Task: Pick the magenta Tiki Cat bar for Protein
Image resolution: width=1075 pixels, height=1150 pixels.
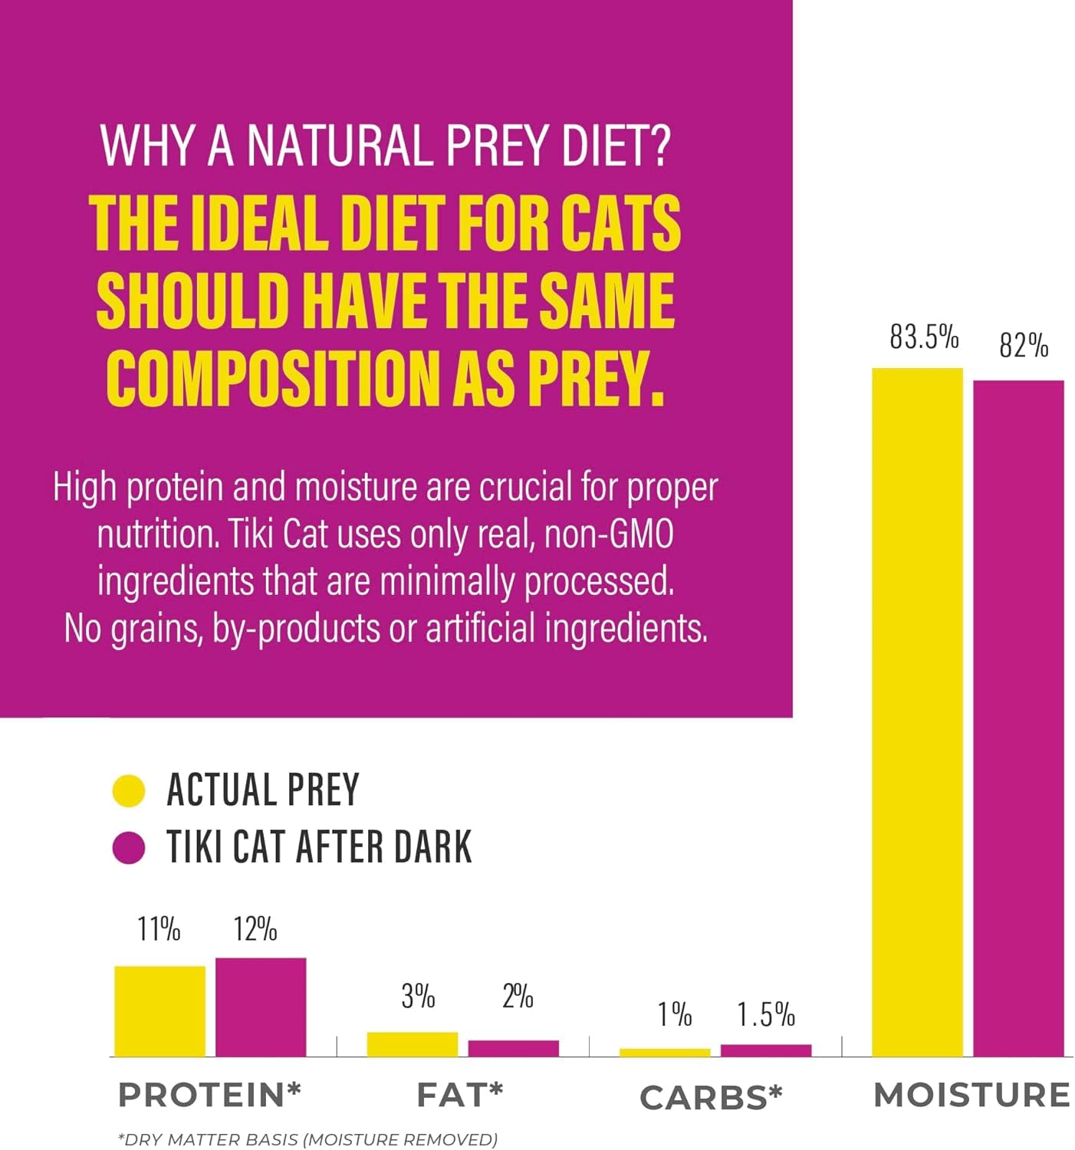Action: click(x=261, y=1007)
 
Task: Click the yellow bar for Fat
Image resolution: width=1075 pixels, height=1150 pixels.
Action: click(x=413, y=1044)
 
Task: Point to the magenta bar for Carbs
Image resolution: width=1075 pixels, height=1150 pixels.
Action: click(x=766, y=1050)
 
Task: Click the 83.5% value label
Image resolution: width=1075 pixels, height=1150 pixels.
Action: click(x=924, y=337)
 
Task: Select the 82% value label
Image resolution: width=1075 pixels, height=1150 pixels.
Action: click(x=1024, y=346)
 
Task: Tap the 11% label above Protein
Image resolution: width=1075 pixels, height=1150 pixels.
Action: click(x=159, y=929)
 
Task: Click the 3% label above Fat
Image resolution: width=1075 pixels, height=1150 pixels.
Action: click(x=418, y=996)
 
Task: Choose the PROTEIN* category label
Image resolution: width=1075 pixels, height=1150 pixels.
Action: click(x=209, y=1095)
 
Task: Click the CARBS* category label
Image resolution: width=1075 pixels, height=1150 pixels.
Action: click(x=711, y=1097)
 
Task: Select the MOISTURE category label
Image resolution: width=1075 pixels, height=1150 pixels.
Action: click(x=971, y=1095)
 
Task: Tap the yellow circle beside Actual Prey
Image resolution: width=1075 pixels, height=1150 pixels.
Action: click(x=129, y=791)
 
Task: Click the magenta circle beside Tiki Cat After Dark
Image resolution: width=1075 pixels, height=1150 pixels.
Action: click(x=129, y=848)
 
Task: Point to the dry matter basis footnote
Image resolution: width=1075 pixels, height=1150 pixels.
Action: click(x=307, y=1139)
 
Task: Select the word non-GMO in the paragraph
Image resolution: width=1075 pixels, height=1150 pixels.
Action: click(x=609, y=534)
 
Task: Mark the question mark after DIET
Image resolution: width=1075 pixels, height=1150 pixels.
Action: click(x=657, y=145)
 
